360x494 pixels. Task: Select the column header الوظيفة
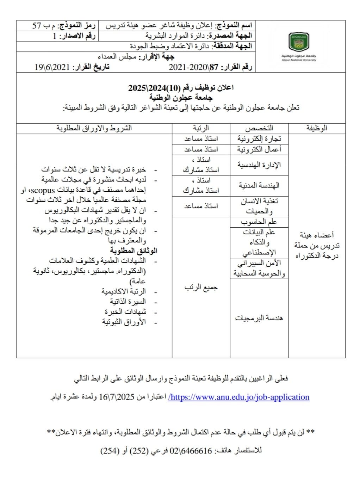pos(316,128)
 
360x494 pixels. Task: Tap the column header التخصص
pos(259,128)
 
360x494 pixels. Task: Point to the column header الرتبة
pos(201,128)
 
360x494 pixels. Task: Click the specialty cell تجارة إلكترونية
pos(259,139)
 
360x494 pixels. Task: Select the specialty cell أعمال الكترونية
pos(259,149)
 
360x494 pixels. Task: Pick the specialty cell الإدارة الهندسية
pos(259,165)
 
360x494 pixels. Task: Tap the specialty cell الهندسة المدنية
pos(259,185)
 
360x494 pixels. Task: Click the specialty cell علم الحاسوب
pos(259,222)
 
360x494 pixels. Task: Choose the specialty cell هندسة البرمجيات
pos(259,318)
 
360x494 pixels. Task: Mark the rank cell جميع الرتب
pos(201,288)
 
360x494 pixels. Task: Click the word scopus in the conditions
pos(43,190)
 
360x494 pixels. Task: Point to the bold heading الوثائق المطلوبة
pos(134,251)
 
